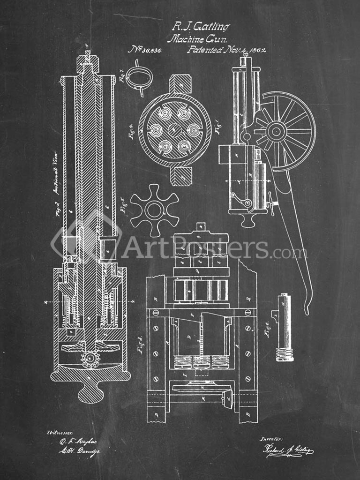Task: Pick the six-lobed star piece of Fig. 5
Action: pyautogui.click(x=154, y=210)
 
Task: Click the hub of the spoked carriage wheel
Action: pyautogui.click(x=277, y=131)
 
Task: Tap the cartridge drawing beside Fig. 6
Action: pyautogui.click(x=285, y=328)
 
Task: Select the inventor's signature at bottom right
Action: pyautogui.click(x=287, y=450)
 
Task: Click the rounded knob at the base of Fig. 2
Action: pyautogui.click(x=90, y=392)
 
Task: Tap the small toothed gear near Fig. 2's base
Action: pyautogui.click(x=90, y=360)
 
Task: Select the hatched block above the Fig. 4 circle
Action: pyautogui.click(x=180, y=84)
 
